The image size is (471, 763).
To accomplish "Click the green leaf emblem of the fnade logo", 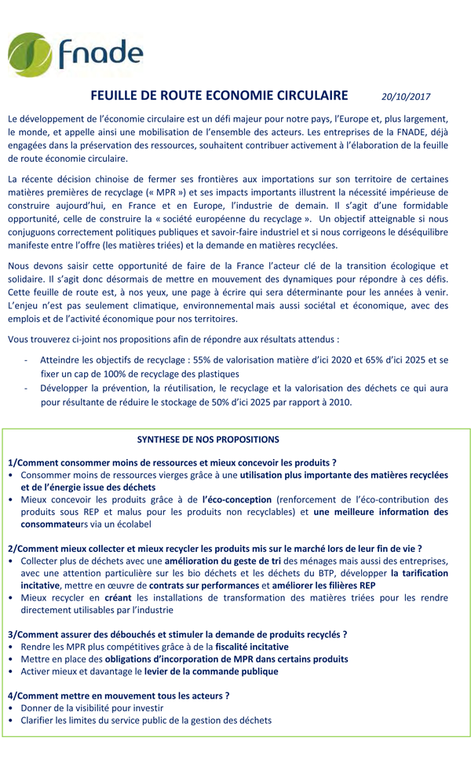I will tap(30, 55).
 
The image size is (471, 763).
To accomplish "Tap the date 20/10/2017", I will tap(406, 97).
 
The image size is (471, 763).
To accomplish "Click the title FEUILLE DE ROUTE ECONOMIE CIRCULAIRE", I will tap(219, 96).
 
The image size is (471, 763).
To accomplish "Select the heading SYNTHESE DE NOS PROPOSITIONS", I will tap(208, 440).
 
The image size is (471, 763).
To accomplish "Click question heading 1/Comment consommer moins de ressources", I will tap(172, 462).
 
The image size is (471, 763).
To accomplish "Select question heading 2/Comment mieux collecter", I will tap(214, 548).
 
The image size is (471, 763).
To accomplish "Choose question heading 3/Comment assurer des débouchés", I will tap(177, 634).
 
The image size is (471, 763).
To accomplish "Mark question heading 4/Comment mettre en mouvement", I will tap(119, 695).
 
